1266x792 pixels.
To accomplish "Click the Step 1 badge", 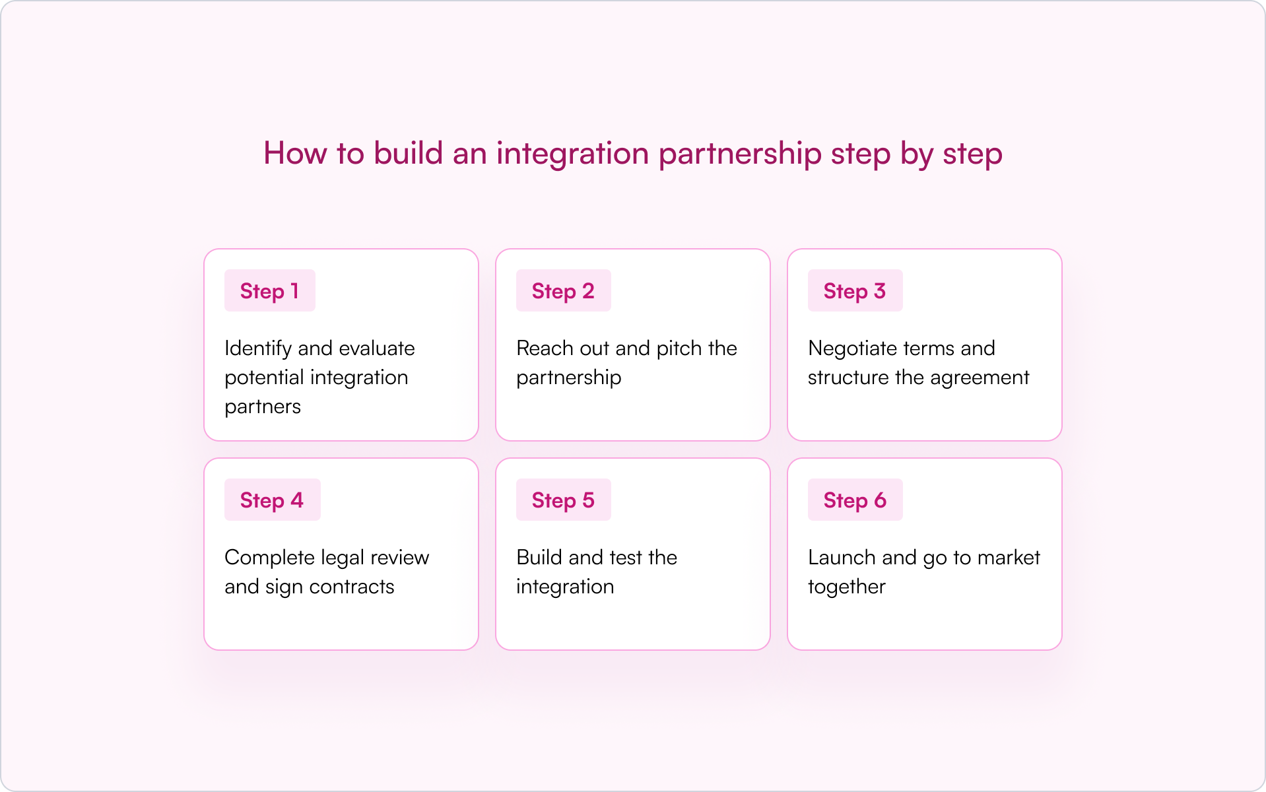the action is tap(269, 291).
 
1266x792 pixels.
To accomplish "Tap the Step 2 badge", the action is tap(563, 291).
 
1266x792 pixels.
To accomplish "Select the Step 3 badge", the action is tap(855, 291).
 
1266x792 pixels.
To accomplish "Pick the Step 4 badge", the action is tap(272, 500).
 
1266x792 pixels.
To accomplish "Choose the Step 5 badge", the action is tap(563, 500).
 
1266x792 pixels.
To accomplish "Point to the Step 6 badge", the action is tap(855, 500).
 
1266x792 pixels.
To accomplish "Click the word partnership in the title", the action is tap(740, 154).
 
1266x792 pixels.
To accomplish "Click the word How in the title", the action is tap(295, 153).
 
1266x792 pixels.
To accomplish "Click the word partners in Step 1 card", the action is tap(263, 407).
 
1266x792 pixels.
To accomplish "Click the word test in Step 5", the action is tap(625, 558).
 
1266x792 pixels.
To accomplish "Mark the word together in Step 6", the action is tap(847, 587).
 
